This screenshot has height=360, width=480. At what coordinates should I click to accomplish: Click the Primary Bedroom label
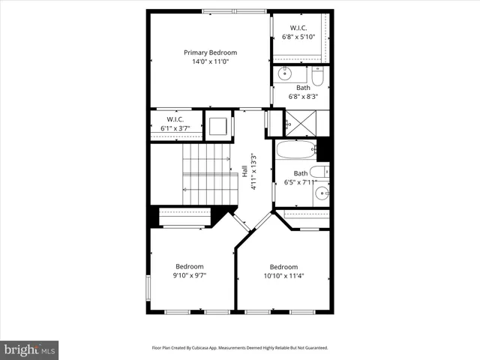(211, 52)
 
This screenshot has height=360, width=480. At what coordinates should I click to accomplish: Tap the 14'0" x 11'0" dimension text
(211, 61)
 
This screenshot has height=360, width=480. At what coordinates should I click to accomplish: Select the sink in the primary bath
(285, 73)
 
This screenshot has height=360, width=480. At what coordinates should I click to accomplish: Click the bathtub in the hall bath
(296, 149)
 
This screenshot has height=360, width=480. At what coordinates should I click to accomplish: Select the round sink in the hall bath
(322, 194)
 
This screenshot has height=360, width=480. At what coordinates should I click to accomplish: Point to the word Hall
(244, 172)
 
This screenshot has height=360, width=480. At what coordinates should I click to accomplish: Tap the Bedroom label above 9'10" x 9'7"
(190, 266)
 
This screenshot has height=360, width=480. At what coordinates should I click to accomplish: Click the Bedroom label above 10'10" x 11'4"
(283, 267)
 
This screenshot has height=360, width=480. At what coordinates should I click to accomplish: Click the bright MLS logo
(29, 349)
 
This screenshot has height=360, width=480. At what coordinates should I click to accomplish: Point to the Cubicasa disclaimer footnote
(240, 348)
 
